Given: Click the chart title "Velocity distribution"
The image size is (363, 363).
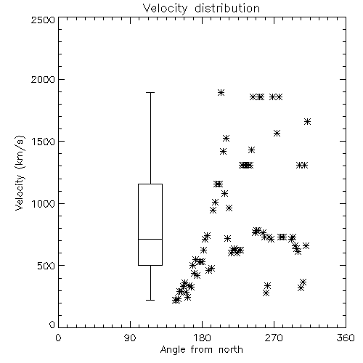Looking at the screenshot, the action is click(201, 8).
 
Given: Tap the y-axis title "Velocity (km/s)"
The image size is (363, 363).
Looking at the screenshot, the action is click(20, 173).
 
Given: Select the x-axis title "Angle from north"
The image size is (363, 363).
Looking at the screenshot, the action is click(201, 350).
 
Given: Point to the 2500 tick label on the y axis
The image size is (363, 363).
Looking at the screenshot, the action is click(43, 20).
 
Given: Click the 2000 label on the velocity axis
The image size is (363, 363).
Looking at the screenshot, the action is click(43, 79).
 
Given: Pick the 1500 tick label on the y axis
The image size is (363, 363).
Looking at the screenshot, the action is click(44, 142).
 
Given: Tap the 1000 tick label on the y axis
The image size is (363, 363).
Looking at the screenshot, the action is click(44, 203).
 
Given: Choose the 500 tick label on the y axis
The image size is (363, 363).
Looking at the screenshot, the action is click(46, 266).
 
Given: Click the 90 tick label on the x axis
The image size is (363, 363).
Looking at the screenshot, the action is click(130, 338).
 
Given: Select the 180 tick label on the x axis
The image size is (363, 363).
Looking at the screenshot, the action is click(202, 338).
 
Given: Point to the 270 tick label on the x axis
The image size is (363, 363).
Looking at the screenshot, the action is click(274, 338).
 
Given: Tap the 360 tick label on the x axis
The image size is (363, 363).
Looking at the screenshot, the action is click(346, 338).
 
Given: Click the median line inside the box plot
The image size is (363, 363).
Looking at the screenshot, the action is click(150, 239).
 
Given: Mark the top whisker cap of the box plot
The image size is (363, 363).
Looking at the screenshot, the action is click(150, 92).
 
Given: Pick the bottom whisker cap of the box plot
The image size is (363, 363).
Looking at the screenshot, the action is click(150, 300).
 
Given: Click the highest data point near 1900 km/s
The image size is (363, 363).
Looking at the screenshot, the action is click(221, 92).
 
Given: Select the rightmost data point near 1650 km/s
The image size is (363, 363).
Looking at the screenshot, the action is click(307, 121).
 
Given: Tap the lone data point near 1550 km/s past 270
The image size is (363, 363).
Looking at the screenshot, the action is click(277, 133).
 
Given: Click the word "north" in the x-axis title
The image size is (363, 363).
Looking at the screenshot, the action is click(231, 350).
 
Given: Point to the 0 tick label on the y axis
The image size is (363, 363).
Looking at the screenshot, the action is click(52, 325).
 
